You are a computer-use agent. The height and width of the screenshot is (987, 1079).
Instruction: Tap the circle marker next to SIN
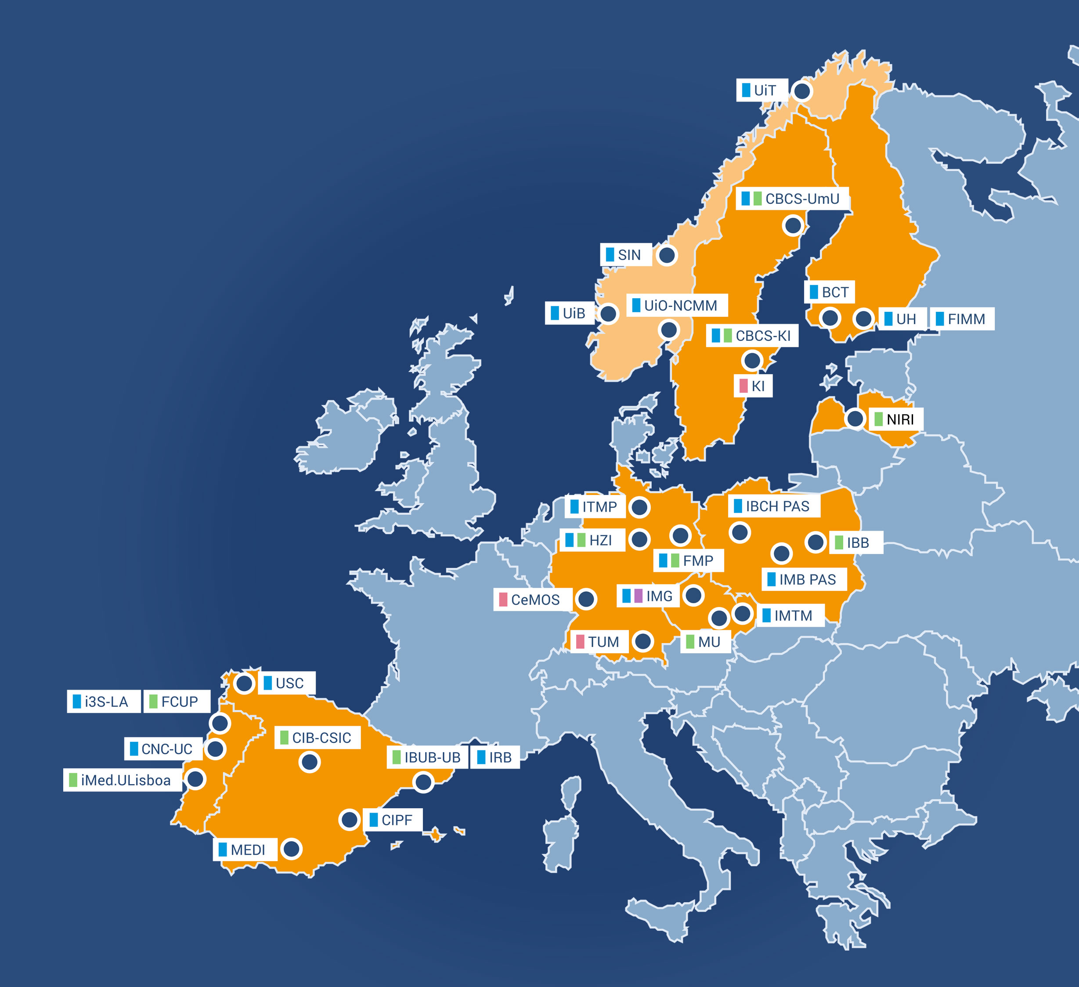(667, 255)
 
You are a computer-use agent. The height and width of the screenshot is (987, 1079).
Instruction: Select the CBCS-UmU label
(793, 199)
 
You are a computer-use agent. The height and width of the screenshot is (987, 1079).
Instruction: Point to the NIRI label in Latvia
(895, 419)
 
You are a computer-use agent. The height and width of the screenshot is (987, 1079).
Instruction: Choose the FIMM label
(962, 319)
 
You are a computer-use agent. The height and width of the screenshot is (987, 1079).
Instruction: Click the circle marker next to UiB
(608, 314)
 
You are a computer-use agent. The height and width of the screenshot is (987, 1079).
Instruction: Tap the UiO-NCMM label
(677, 305)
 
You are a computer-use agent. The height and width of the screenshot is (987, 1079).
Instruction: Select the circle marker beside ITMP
(639, 507)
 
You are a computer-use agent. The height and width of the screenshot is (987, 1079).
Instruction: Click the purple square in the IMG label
(639, 596)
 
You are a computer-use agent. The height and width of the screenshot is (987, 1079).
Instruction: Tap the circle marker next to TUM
(643, 641)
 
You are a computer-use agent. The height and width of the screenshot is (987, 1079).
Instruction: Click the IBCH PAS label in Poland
(774, 506)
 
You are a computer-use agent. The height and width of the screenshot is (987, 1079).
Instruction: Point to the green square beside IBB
(839, 543)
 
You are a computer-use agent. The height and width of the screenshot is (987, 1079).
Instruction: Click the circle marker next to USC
(244, 683)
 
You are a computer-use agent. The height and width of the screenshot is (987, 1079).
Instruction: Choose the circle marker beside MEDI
(292, 849)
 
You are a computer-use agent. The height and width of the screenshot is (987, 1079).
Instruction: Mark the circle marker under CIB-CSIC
(309, 762)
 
